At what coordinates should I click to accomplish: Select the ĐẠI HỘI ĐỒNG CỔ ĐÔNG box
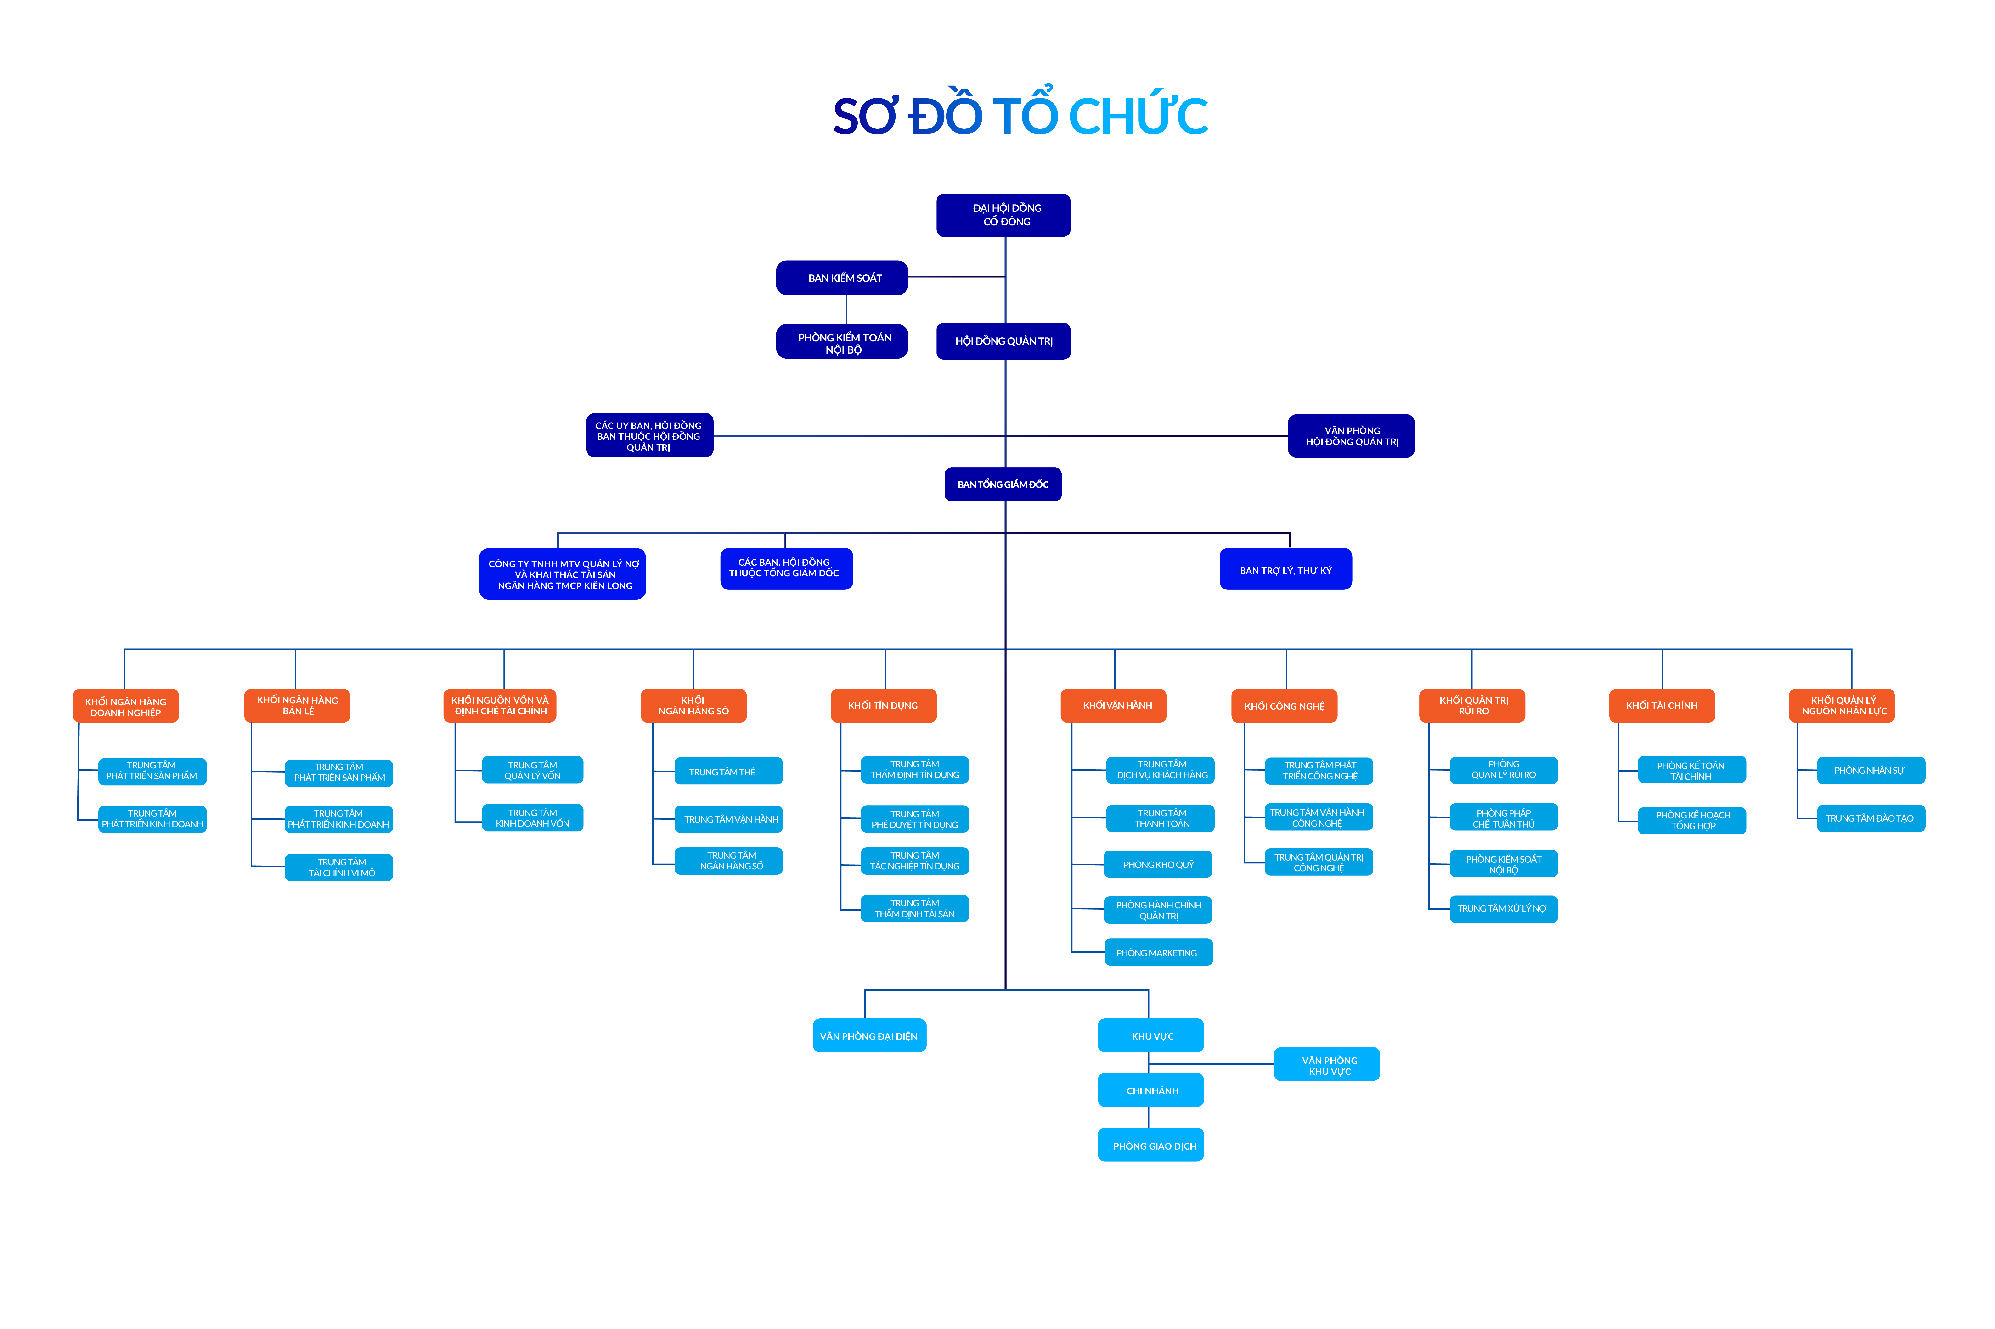[1003, 215]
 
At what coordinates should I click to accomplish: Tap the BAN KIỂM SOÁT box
[842, 278]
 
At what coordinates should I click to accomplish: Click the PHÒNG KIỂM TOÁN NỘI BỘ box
[842, 342]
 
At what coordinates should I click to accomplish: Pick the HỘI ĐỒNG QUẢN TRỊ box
[1003, 342]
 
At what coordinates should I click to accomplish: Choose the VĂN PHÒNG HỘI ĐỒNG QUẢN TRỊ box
[1351, 436]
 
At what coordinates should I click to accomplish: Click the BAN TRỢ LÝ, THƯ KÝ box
[1285, 570]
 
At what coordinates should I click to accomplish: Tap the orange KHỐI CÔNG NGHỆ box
[1284, 705]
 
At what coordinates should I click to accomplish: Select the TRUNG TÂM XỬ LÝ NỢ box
[1503, 909]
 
